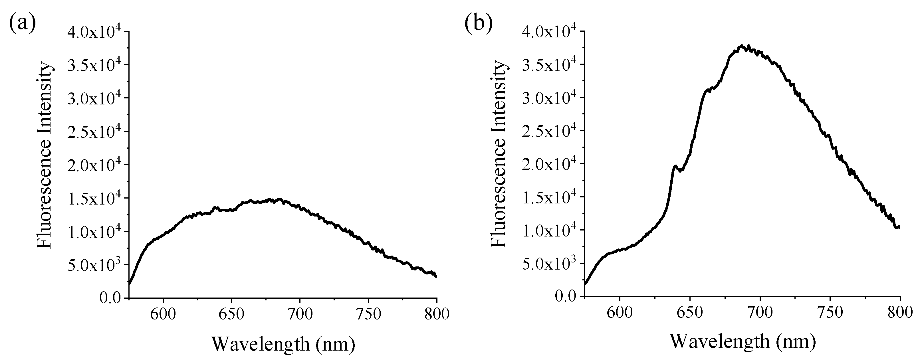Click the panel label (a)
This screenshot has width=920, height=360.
[23, 24]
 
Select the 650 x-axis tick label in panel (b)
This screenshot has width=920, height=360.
[690, 312]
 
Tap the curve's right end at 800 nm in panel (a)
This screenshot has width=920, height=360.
[436, 276]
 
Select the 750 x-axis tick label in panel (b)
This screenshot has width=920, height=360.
[830, 312]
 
